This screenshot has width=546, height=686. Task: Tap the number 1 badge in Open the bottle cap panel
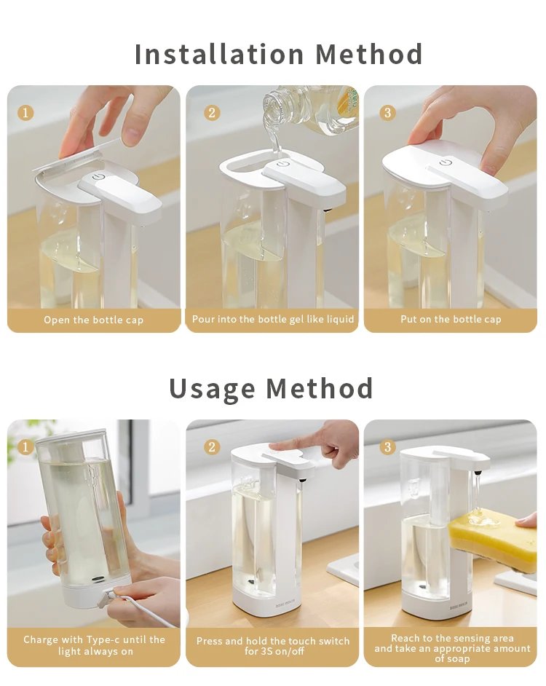25,113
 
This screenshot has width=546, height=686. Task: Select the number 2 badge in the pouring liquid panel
212,113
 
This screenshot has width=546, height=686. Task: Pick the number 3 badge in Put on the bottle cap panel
387,113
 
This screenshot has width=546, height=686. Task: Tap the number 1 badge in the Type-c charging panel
25,446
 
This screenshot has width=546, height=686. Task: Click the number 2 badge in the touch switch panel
212,446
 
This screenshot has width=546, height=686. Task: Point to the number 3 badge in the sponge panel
387,446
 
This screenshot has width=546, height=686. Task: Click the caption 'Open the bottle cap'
93,320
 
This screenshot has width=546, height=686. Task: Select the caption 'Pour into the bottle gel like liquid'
273,319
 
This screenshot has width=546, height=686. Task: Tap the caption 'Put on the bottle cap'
451,319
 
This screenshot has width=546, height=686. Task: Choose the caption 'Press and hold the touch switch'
273,641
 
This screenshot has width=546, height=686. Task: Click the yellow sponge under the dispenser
493,539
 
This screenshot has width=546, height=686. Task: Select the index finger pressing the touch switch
291,444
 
